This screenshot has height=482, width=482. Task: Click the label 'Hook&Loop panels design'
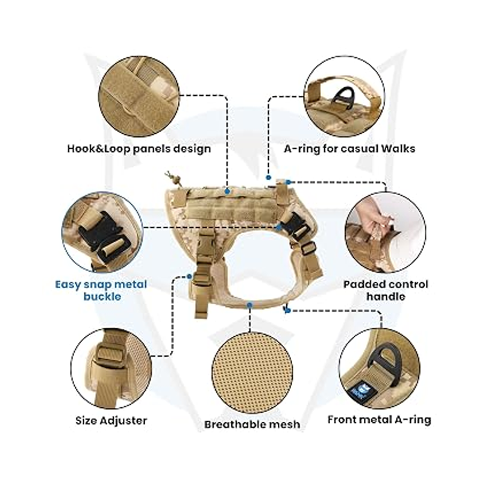pos(139,149)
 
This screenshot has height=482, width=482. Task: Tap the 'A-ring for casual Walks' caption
pos(349,149)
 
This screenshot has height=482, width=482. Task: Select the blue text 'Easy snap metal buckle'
pos(101,290)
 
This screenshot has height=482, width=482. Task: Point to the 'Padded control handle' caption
pos(386,290)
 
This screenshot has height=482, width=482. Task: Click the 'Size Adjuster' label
pos(111,421)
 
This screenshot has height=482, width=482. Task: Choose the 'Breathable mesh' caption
pos(252,425)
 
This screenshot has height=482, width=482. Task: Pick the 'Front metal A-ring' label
pos(380,419)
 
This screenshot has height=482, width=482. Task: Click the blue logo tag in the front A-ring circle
pos(357,391)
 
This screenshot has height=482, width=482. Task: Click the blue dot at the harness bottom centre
pos(249,305)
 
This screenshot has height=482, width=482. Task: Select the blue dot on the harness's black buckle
pos(279,227)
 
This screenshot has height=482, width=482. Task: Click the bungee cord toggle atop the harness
pos(172,178)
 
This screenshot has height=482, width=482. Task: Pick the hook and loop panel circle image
pos(139,96)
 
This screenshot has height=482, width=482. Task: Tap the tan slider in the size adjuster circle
pos(111,357)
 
